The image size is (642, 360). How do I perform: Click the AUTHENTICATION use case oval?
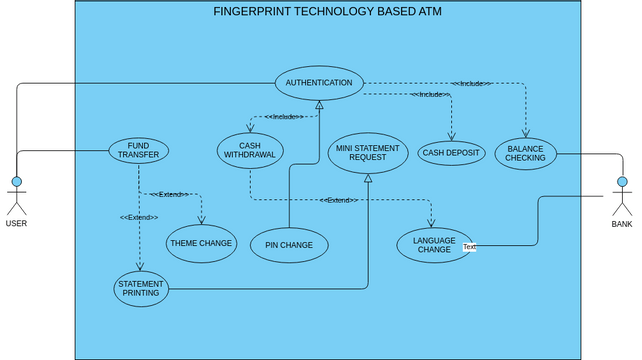(318, 83)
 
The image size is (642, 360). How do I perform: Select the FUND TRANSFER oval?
(139, 151)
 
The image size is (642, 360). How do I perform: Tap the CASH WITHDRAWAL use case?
(250, 150)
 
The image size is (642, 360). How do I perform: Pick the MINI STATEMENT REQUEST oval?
(367, 153)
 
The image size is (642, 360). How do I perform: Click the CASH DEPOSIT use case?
(451, 153)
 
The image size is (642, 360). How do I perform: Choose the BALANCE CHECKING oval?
(525, 153)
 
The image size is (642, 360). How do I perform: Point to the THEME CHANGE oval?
(201, 243)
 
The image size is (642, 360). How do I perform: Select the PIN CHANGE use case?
(289, 245)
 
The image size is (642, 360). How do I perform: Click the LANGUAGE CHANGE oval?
(434, 245)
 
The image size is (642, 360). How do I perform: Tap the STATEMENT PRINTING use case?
(140, 288)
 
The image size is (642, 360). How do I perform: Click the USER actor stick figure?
(16, 195)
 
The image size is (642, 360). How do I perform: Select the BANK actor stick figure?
(622, 196)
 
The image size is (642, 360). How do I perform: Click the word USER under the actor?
(16, 224)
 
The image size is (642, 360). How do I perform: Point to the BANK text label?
(622, 225)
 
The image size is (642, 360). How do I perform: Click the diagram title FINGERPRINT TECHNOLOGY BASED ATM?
(327, 12)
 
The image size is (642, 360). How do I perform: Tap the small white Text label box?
(469, 247)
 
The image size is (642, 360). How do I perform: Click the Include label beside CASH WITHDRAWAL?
(285, 117)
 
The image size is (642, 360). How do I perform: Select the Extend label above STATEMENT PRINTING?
(139, 217)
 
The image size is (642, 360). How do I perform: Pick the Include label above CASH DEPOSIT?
(429, 94)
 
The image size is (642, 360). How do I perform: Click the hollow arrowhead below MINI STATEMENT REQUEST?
(368, 178)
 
